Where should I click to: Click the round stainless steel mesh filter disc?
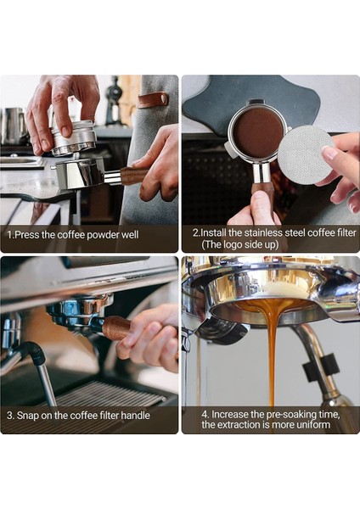pyautogui.click(x=306, y=153)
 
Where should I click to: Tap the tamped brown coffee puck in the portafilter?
pyautogui.click(x=258, y=131)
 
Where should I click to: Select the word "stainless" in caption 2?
pyautogui.click(x=263, y=232)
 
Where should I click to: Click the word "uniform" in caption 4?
pyautogui.click(x=314, y=425)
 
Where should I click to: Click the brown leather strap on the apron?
pyautogui.click(x=152, y=99)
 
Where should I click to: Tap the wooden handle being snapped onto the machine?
pyautogui.click(x=118, y=328)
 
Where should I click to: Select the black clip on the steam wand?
pyautogui.click(x=321, y=366)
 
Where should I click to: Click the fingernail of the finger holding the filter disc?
pyautogui.click(x=329, y=152)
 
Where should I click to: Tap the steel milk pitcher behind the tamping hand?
pyautogui.click(x=13, y=126)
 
